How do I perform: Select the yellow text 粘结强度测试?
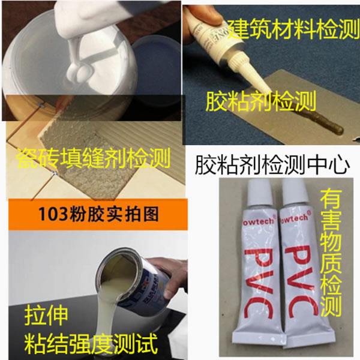(91, 344)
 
